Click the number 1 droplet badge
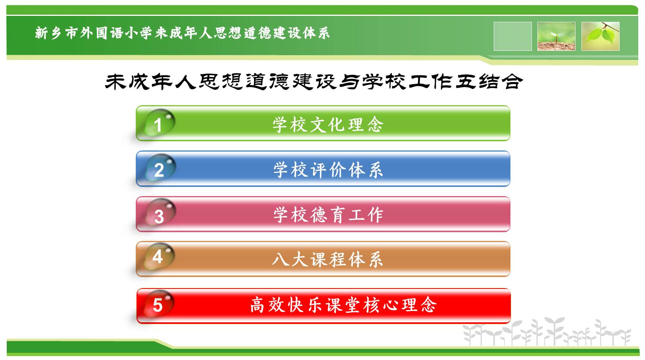coord(159,123)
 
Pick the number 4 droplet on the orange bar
coord(158,257)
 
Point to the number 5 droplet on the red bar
coord(158,304)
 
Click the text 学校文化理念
coord(328,125)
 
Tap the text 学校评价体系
coord(328,169)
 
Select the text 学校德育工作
coord(328,215)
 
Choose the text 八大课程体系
coord(328,260)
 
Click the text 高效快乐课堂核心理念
coord(343,305)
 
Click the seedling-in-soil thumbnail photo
coord(556,36)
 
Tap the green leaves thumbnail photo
coord(601,36)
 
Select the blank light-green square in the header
coord(512,36)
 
